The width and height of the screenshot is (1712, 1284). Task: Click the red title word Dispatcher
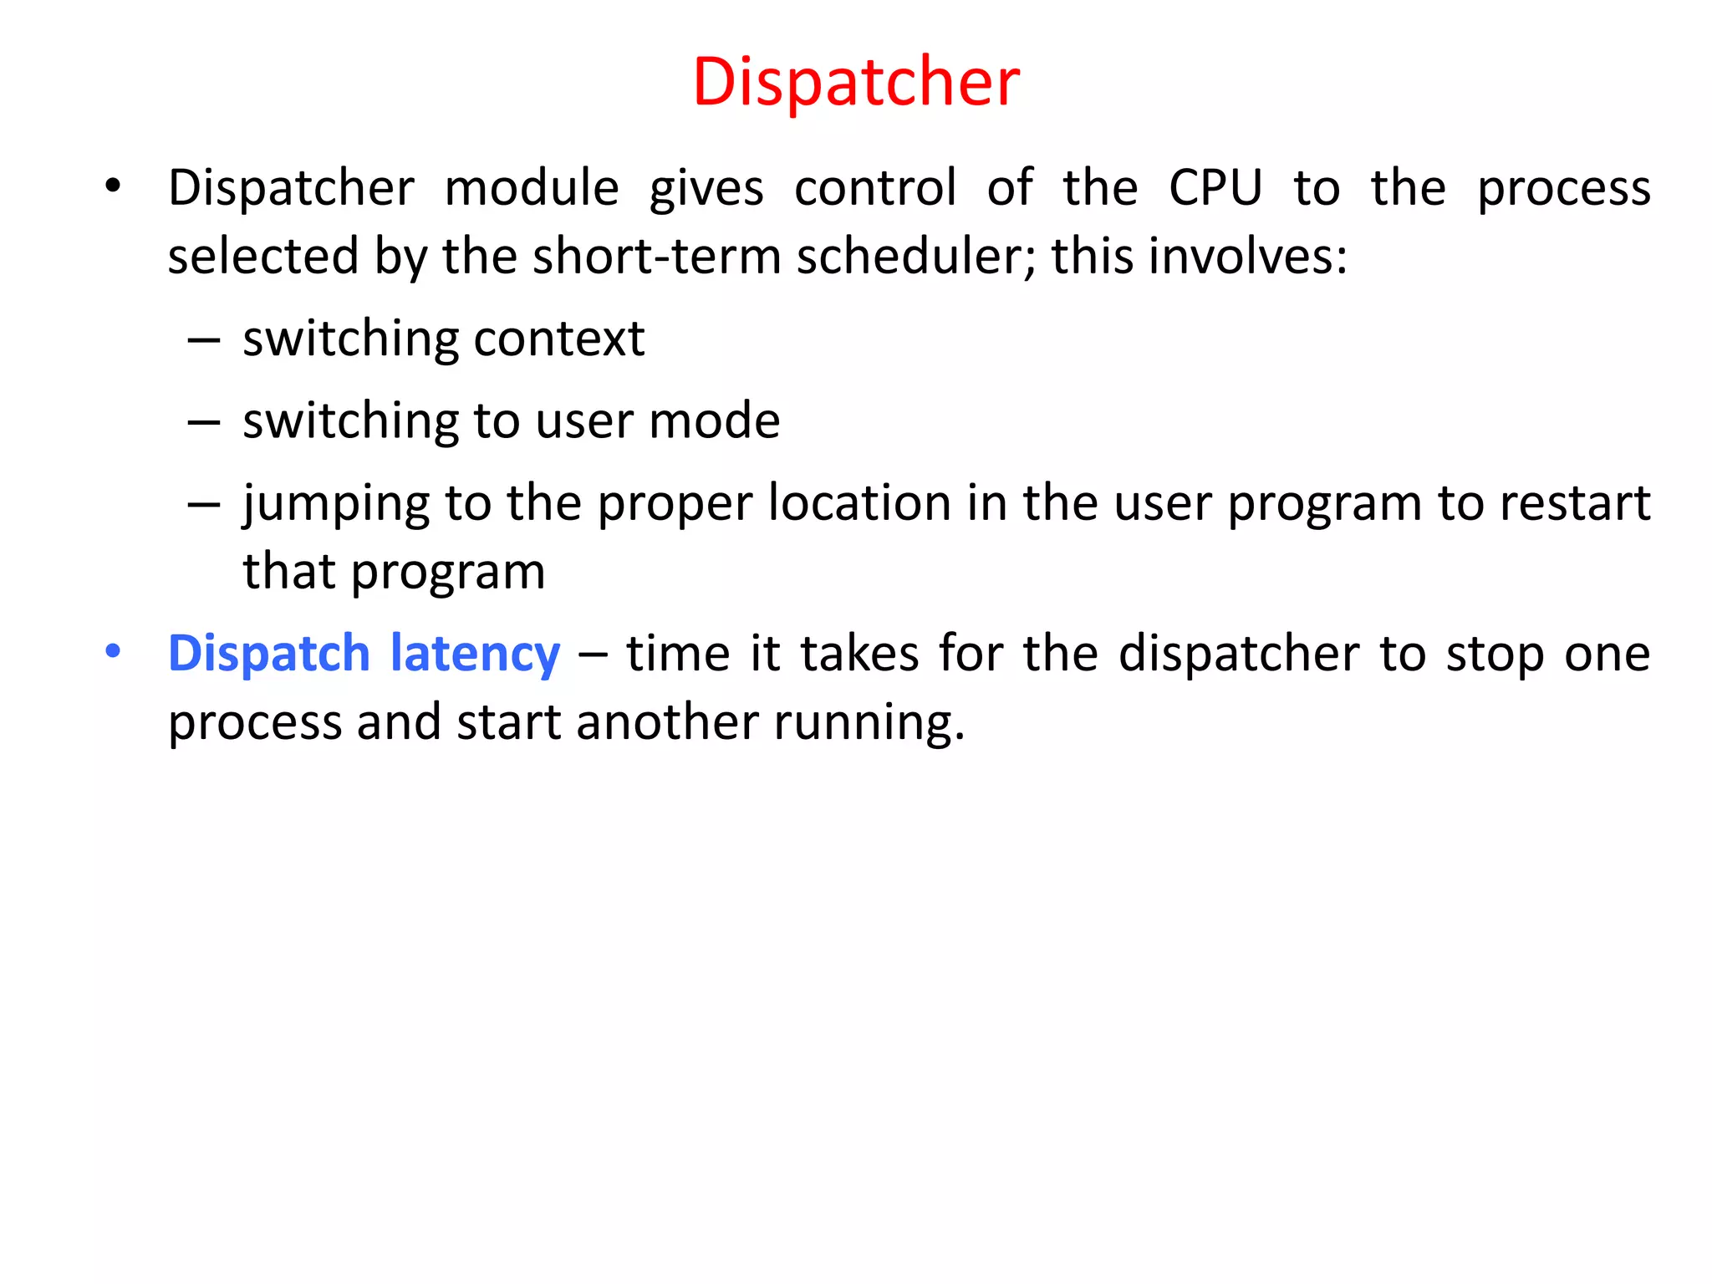[x=856, y=82]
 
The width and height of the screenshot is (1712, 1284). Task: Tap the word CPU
[x=1215, y=187]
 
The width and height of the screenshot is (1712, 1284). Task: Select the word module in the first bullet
[x=532, y=187]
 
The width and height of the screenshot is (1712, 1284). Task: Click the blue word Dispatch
[x=268, y=654]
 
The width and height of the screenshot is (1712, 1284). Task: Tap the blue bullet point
[x=113, y=650]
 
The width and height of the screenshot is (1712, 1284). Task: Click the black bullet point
[x=113, y=186]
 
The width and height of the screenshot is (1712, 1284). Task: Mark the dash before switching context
[x=204, y=341]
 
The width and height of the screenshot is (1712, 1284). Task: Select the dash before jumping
[x=204, y=505]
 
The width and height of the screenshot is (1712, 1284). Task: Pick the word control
[x=875, y=187]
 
